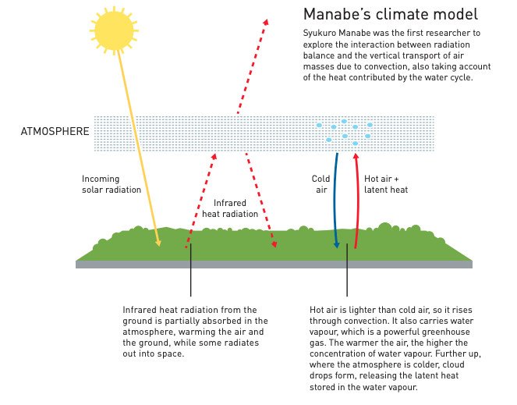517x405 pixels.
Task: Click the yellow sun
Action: tap(114, 30)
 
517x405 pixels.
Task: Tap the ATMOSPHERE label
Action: tap(55, 131)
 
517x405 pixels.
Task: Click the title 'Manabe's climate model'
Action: tap(391, 14)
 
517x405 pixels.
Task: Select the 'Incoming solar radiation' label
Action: tap(112, 184)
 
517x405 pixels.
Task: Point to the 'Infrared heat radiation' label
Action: tap(230, 208)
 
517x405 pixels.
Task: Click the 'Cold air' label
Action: tap(320, 184)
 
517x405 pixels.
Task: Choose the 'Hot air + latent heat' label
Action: tap(386, 184)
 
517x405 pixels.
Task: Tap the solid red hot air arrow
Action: tap(358, 201)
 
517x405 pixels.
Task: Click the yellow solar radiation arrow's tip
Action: tap(160, 246)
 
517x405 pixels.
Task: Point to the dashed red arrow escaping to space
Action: tap(253, 66)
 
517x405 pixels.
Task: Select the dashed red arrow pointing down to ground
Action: tap(261, 200)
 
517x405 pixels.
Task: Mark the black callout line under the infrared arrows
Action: tap(190, 270)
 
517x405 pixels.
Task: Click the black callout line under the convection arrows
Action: tap(347, 270)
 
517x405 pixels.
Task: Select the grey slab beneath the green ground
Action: tap(274, 265)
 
